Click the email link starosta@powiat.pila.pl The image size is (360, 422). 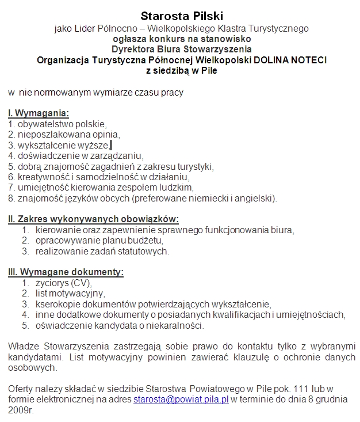[x=181, y=398]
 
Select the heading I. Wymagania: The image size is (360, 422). [x=39, y=113]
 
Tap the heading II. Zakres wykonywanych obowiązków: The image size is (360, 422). [x=93, y=219]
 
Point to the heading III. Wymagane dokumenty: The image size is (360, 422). [x=66, y=272]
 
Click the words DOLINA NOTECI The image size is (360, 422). [x=294, y=60]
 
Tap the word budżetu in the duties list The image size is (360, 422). [x=147, y=241]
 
